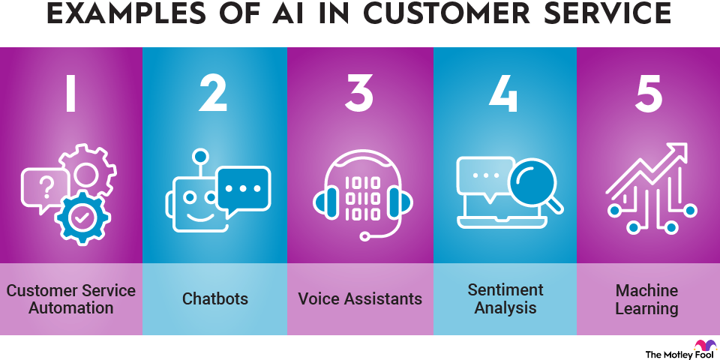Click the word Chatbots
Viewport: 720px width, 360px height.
coord(215,299)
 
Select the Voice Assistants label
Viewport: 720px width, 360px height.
coord(360,299)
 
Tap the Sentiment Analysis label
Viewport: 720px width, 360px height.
coord(505,298)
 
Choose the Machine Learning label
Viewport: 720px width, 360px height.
coord(646,298)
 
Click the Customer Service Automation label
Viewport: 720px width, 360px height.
coord(71,298)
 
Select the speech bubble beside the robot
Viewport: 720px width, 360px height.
coord(242,187)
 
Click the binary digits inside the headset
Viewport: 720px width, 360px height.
coord(360,194)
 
